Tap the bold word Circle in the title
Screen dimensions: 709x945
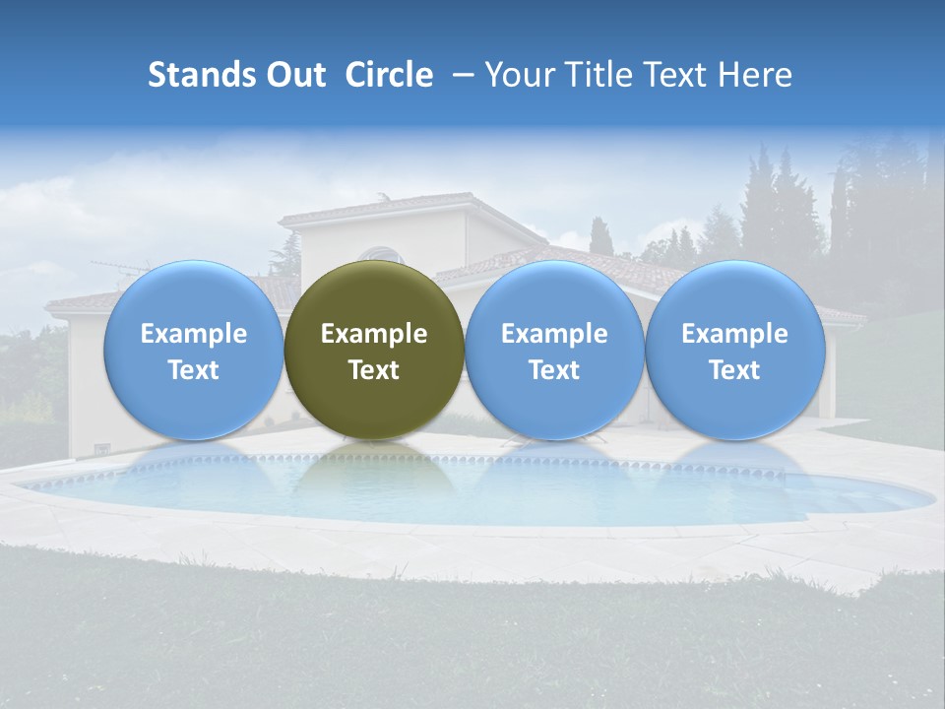click(x=389, y=75)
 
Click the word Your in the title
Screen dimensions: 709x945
click(x=517, y=75)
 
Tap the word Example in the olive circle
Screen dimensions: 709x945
click(x=374, y=334)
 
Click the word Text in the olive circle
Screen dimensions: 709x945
click(x=374, y=370)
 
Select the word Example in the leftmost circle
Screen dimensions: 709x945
click(x=193, y=334)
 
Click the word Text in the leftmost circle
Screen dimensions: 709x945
click(x=193, y=370)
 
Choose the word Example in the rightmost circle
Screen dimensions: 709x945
click(x=734, y=334)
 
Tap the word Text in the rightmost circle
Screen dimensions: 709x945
click(x=734, y=370)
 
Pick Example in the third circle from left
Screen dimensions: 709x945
click(x=554, y=334)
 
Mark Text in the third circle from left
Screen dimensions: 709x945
click(x=554, y=370)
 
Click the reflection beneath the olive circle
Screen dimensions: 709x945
click(x=374, y=473)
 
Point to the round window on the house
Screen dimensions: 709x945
click(x=380, y=255)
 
